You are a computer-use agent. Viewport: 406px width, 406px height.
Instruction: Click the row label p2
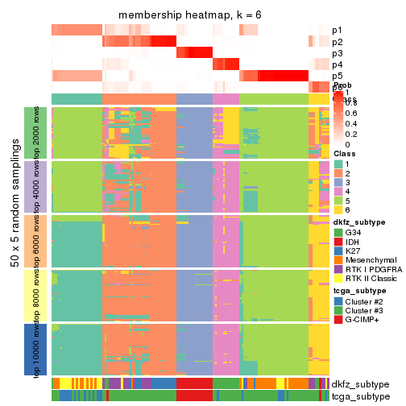click(x=338, y=42)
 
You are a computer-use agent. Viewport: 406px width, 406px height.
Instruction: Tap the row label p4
click(x=338, y=64)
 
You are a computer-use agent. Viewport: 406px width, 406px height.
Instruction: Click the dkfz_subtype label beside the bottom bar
click(x=360, y=384)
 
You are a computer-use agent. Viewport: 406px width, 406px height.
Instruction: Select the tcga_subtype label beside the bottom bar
click(x=359, y=396)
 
